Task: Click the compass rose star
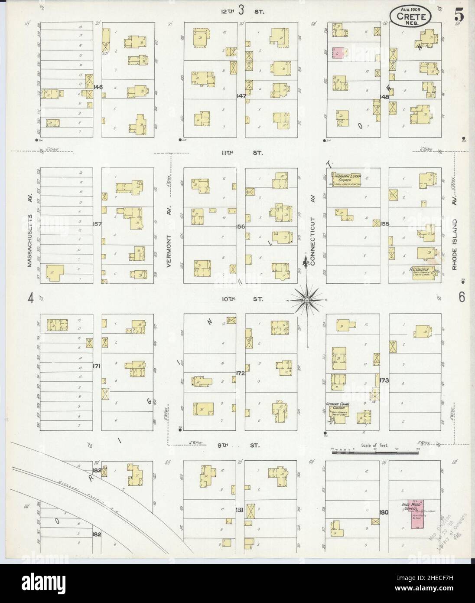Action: [x=307, y=299]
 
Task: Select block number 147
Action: [x=241, y=95]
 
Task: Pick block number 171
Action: [x=97, y=366]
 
